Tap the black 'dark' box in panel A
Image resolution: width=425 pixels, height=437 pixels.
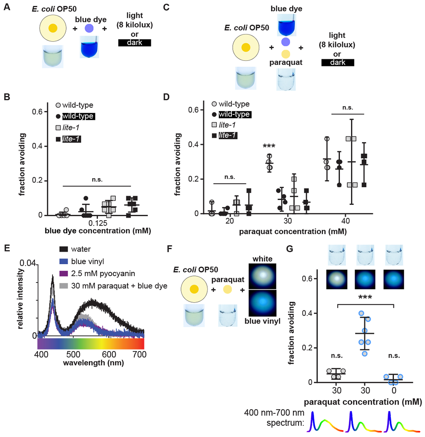point(134,42)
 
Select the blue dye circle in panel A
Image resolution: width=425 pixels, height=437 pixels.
point(89,28)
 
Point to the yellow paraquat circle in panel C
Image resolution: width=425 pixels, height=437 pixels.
point(285,54)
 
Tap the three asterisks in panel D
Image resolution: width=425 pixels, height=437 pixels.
point(270,147)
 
